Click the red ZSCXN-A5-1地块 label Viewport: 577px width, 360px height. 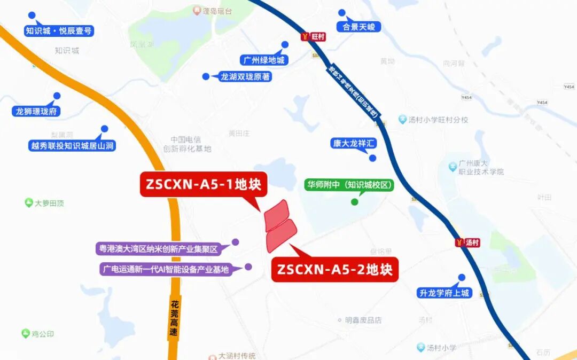click(203, 184)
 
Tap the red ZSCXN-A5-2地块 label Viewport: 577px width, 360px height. click(335, 269)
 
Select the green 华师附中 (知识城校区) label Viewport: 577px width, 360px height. click(350, 185)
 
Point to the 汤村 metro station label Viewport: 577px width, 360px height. click(472, 242)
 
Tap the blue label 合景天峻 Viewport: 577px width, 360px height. click(358, 27)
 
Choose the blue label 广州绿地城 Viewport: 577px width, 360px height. click(263, 60)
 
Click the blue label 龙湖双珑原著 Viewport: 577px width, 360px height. click(245, 77)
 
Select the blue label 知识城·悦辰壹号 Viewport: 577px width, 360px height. click(59, 31)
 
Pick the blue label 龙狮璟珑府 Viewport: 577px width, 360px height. click(36, 112)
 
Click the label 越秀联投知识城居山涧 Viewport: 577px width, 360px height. click(72, 145)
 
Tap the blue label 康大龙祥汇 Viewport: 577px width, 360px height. click(354, 143)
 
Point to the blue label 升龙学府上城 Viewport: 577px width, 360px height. click(444, 293)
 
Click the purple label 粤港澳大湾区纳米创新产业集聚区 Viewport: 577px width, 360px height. click(158, 249)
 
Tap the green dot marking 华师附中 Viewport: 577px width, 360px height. click(354, 202)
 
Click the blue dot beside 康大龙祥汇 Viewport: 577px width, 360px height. click(373, 158)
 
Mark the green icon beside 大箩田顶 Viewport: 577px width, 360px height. click(28, 202)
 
